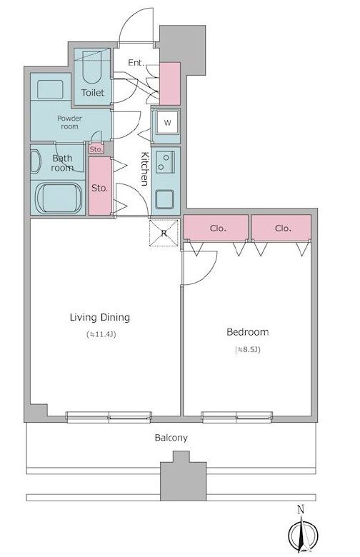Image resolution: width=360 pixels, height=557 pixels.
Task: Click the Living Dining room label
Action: click(100, 317)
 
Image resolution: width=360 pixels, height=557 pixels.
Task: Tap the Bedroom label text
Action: click(248, 332)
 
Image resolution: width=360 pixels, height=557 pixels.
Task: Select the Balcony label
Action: click(171, 438)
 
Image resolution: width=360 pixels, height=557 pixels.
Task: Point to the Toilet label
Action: click(93, 93)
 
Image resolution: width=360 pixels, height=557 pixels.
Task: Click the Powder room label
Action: click(70, 122)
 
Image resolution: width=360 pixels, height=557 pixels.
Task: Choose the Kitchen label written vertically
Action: click(144, 169)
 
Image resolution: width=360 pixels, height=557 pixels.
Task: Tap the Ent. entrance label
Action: click(136, 63)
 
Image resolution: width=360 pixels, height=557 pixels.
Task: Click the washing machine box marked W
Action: click(167, 123)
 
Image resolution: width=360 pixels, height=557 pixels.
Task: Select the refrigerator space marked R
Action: click(164, 233)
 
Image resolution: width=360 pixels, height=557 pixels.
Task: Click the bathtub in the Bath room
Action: click(59, 199)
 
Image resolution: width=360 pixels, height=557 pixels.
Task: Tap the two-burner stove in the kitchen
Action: click(165, 162)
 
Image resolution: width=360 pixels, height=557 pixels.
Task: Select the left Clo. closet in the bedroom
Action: click(216, 228)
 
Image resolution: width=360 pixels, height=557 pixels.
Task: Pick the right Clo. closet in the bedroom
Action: click(281, 228)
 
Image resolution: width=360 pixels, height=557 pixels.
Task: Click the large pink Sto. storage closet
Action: click(100, 186)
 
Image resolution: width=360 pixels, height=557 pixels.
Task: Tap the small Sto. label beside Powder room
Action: click(96, 149)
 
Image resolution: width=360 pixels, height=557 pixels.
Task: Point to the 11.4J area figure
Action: click(102, 334)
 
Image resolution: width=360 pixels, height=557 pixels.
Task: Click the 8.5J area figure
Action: click(248, 349)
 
